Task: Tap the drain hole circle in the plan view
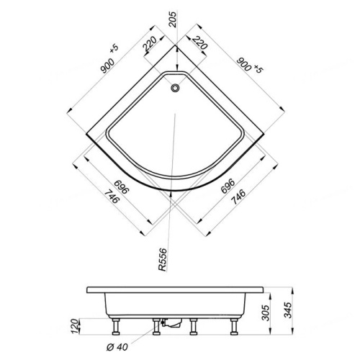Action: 174,89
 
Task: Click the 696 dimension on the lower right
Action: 229,189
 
